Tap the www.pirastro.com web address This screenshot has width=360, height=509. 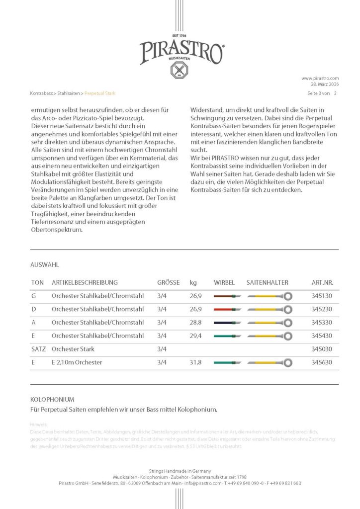(320, 78)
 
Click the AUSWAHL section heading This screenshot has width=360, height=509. (45, 265)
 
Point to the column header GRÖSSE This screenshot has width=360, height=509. (169, 282)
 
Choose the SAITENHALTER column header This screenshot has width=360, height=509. (267, 282)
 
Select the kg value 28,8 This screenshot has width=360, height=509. (195, 323)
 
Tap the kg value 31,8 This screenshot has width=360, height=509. (195, 362)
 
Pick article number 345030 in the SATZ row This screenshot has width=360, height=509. (325, 349)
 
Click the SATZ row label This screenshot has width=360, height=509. (38, 349)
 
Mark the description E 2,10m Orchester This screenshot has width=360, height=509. (77, 362)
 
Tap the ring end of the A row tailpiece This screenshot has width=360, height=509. (288, 323)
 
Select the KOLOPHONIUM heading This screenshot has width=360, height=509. (52, 399)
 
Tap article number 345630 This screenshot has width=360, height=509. (325, 362)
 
